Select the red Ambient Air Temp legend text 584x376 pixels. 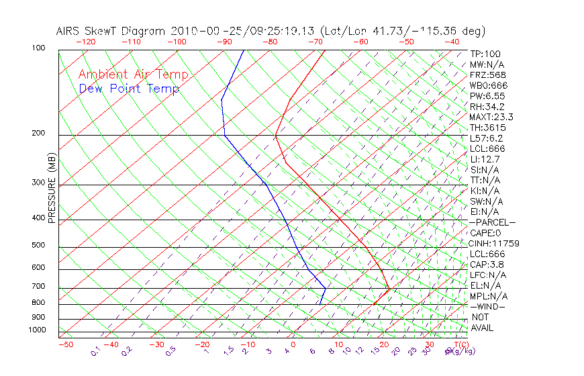tap(134, 75)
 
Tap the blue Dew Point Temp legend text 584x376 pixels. tap(129, 89)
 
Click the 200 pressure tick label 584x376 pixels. tap(38, 133)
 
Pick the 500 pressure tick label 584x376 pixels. tap(38, 245)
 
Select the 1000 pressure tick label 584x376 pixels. tap(36, 330)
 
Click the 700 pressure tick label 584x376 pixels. tap(38, 287)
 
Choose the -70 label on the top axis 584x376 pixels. tap(314, 42)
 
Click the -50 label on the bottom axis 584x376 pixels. tap(65, 344)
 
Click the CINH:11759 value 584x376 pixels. tap(495, 243)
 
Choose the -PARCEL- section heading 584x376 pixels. tap(492, 222)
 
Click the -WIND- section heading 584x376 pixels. tap(487, 306)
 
